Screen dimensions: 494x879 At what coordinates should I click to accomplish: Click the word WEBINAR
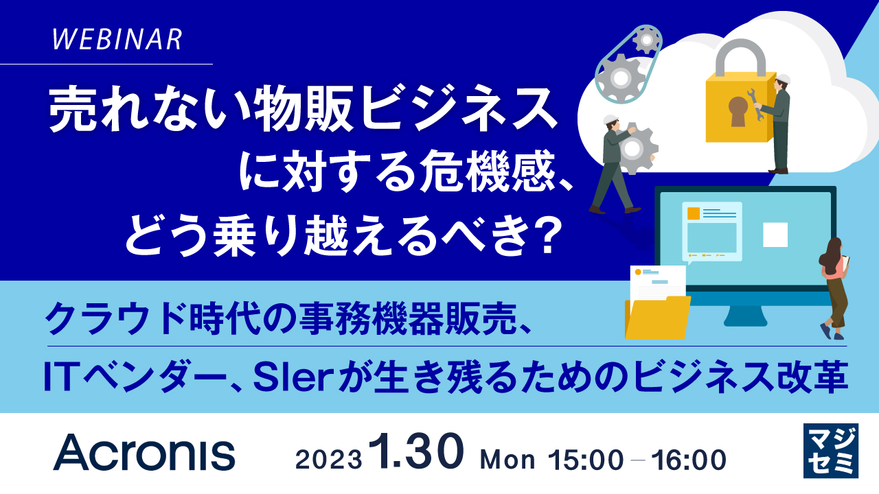coord(117,40)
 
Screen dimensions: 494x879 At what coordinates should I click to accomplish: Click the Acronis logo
coord(144,454)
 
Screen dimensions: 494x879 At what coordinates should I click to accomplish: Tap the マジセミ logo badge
coord(830,451)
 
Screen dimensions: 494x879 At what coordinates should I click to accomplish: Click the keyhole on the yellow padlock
coord(738,110)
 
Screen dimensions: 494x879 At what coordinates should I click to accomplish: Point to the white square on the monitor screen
coord(775,235)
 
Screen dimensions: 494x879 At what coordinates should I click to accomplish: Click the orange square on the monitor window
coord(694,213)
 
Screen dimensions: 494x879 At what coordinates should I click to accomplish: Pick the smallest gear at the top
coord(646,42)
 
